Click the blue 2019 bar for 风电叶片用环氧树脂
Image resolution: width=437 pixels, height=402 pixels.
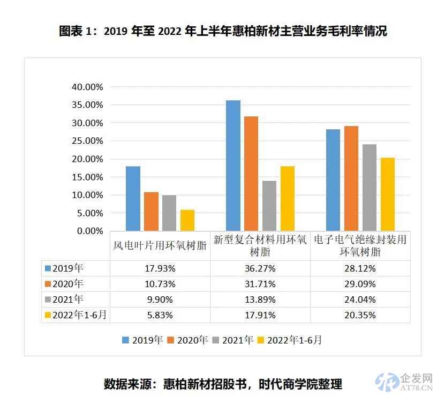[133, 199]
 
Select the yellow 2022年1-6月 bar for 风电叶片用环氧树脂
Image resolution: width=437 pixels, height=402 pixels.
[187, 220]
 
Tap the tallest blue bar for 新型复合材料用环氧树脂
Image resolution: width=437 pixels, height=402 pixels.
[233, 165]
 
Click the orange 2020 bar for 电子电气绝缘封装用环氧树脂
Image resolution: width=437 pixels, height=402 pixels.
[351, 178]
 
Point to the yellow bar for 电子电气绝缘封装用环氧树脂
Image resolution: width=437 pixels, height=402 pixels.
[387, 194]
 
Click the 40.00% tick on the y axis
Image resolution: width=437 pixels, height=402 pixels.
[87, 87]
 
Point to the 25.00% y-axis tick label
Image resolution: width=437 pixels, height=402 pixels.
[87, 141]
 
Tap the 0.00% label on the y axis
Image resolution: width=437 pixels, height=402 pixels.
[89, 231]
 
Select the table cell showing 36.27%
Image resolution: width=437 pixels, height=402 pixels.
[260, 268]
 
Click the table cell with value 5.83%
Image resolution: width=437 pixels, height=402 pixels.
[160, 315]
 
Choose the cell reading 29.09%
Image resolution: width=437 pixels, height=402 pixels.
[360, 284]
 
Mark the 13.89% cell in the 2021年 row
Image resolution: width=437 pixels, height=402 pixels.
[260, 299]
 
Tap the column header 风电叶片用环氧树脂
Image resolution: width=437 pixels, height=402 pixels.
[160, 246]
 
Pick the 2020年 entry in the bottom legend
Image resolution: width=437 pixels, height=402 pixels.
[187, 340]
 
